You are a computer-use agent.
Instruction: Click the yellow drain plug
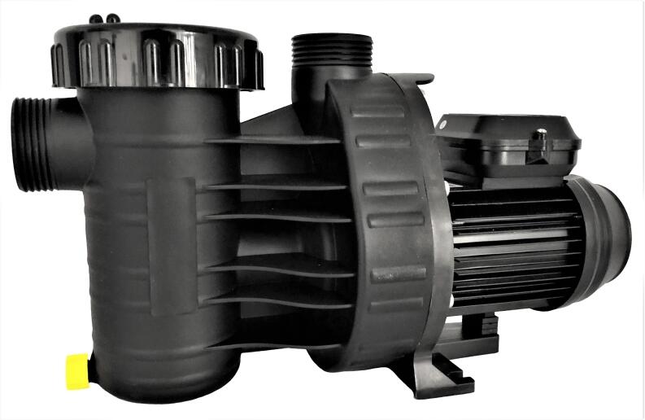tap(76, 371)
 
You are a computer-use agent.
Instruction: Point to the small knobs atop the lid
tap(105, 18)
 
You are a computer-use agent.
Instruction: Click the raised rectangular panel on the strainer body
tap(171, 244)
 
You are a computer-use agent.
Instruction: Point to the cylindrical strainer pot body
tap(122, 244)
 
